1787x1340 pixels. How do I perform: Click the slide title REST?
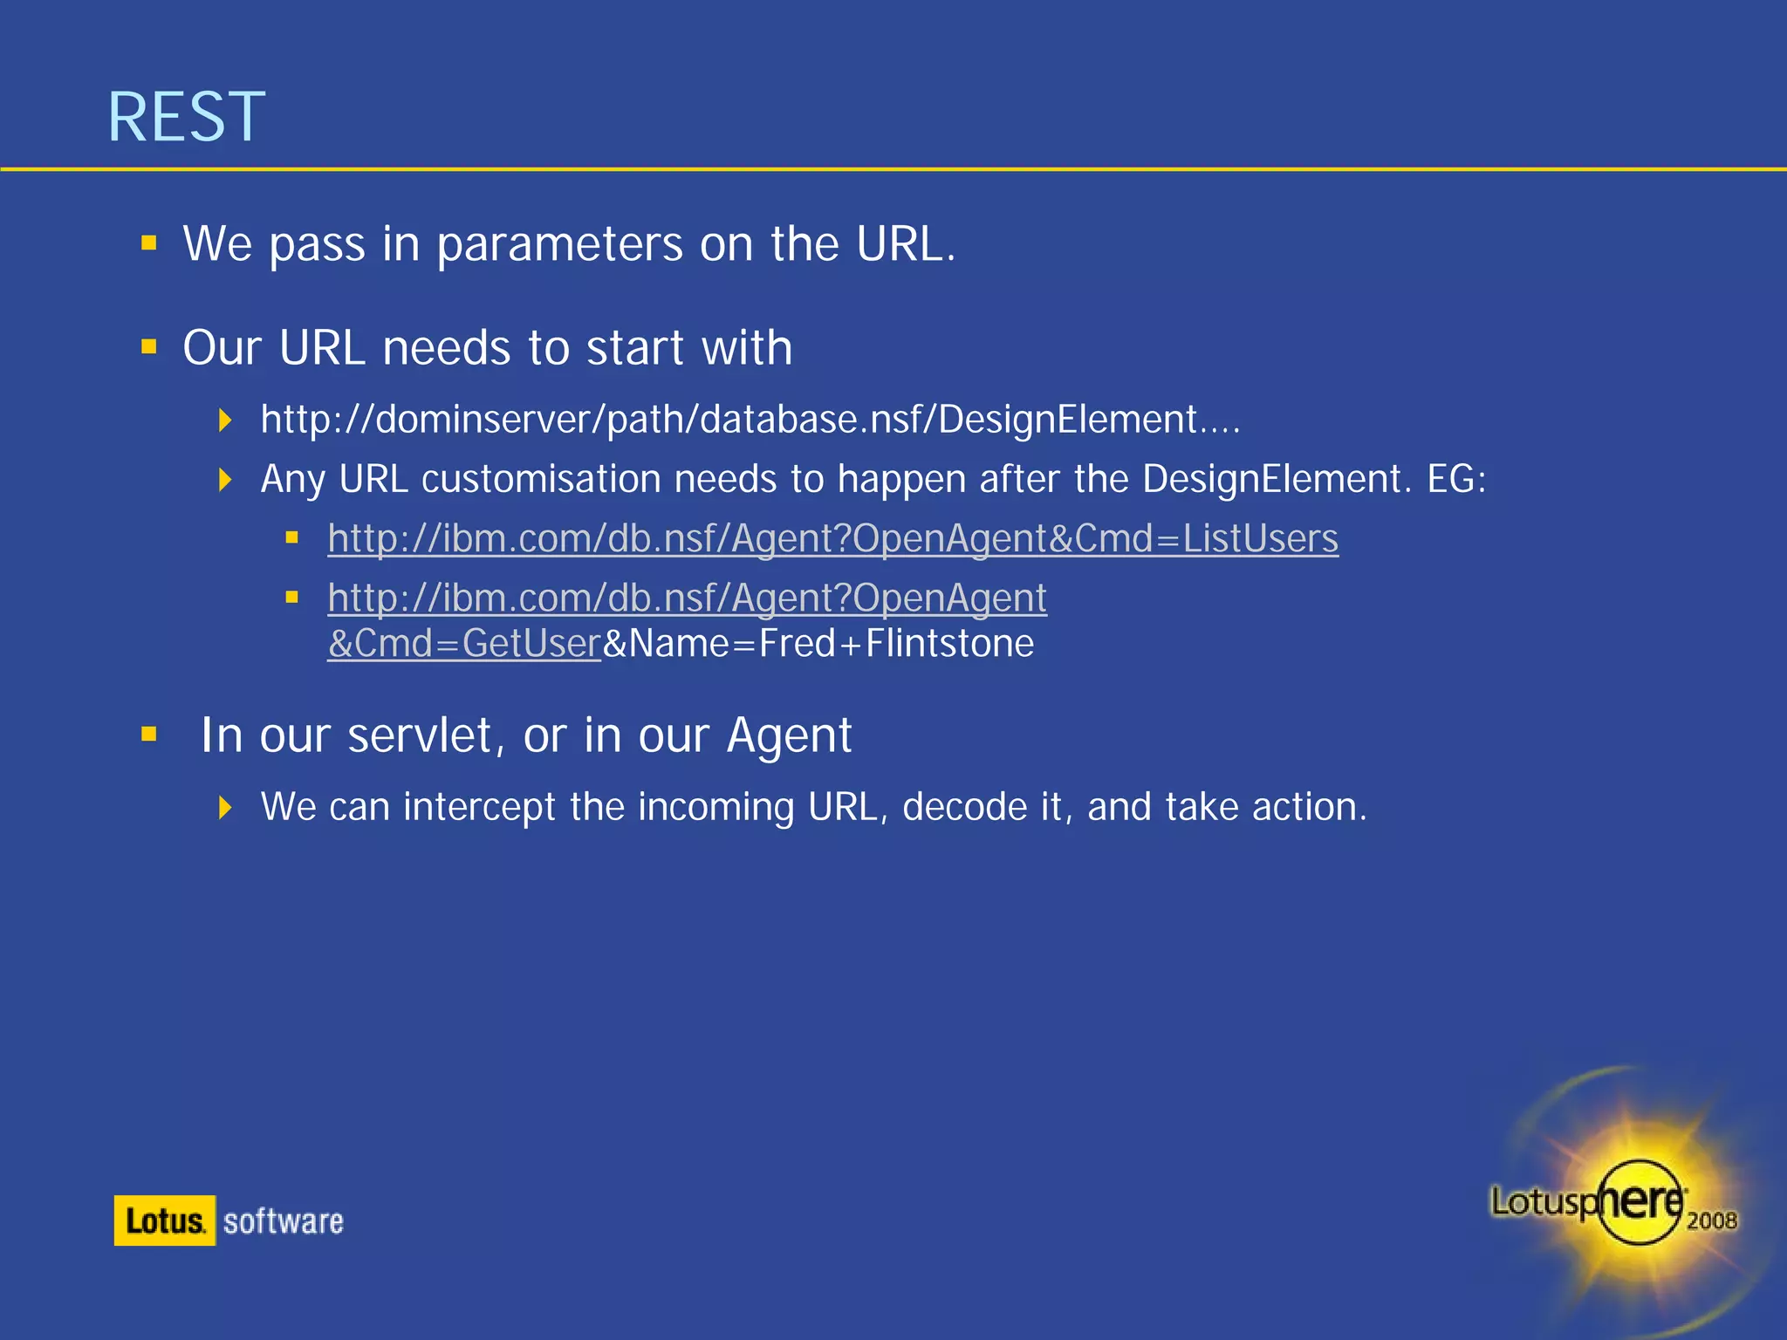coord(186,117)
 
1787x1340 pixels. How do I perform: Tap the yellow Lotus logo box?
coord(165,1220)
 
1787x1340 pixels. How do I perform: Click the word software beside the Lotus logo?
coord(284,1221)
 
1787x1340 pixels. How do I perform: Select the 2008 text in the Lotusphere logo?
coord(1711,1220)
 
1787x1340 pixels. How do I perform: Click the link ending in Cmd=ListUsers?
coord(832,538)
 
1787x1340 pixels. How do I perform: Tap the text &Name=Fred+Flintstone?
coord(818,644)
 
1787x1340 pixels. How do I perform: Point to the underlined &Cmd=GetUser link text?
coord(464,644)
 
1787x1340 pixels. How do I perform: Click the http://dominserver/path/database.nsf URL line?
coord(750,420)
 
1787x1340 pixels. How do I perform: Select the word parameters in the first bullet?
coord(559,244)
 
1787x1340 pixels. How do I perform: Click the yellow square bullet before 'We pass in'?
coord(149,243)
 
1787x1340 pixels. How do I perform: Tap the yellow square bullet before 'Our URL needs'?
coord(149,347)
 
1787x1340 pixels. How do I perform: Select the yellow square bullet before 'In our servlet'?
coord(149,734)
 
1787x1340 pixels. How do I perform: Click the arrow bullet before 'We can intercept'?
coord(225,807)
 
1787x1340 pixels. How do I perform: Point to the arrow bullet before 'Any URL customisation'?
coord(225,479)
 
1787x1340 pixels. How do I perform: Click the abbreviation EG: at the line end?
coord(1456,479)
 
